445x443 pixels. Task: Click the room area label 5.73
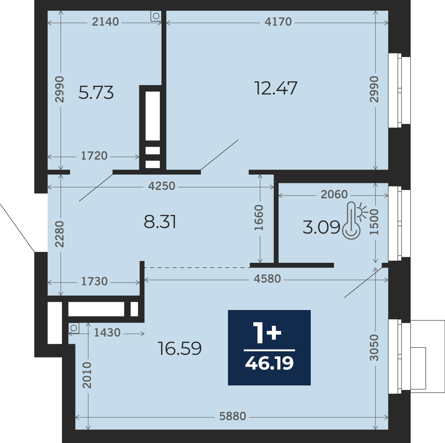(x=96, y=93)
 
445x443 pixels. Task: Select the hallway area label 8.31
(x=160, y=222)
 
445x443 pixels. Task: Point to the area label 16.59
(x=180, y=349)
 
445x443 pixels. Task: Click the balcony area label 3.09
(x=321, y=227)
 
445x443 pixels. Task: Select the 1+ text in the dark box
(x=267, y=333)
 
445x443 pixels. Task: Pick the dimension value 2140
(x=105, y=22)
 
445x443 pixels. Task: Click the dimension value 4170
(x=278, y=22)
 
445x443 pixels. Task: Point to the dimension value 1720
(x=94, y=156)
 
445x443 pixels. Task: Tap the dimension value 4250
(x=162, y=186)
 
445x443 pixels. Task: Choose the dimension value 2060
(x=334, y=195)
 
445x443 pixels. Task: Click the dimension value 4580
(x=267, y=279)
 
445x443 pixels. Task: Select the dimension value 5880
(x=233, y=416)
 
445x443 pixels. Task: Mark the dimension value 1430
(x=107, y=333)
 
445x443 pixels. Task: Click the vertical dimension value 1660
(x=259, y=217)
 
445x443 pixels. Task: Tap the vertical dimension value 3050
(x=374, y=348)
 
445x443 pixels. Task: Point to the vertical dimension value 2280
(x=59, y=234)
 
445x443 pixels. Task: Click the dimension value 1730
(x=95, y=281)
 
